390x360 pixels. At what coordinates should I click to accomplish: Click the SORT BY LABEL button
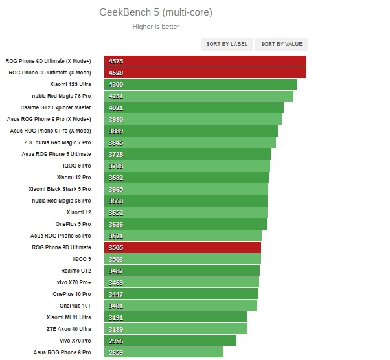(227, 44)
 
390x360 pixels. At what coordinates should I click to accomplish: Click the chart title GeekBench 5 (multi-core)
(155, 12)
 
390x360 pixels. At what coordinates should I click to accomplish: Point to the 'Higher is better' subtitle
(155, 27)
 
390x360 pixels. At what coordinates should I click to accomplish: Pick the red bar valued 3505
(181, 247)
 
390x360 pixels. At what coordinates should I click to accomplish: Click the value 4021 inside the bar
(117, 107)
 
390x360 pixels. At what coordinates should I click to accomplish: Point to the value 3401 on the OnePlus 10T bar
(117, 306)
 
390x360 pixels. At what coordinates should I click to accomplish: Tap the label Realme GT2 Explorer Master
(56, 107)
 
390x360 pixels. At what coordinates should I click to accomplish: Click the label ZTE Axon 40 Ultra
(69, 329)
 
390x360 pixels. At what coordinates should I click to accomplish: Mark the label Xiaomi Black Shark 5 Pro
(60, 189)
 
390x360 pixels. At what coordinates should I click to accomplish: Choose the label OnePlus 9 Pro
(72, 224)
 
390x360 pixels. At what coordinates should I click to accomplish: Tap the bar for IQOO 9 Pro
(188, 166)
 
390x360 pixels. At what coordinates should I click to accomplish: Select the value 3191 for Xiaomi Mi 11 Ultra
(117, 317)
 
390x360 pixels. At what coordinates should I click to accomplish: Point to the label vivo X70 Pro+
(74, 282)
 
